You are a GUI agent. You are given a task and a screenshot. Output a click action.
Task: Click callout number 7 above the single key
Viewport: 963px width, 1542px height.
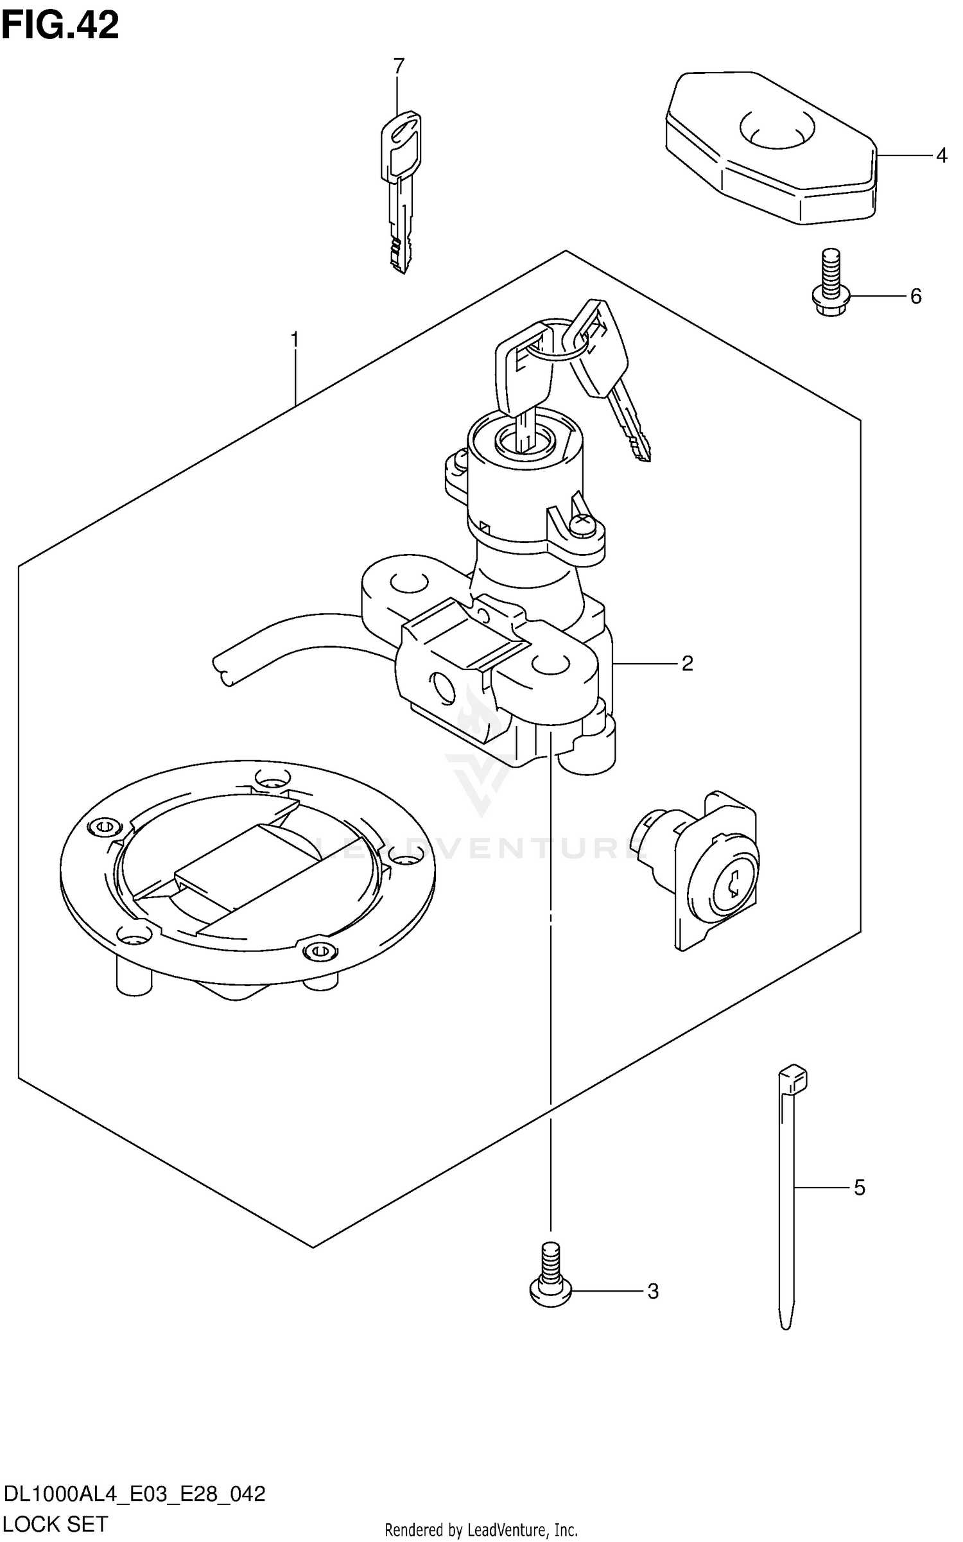click(399, 65)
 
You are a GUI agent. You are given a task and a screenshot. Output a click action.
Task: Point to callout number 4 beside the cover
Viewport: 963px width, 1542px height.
click(941, 155)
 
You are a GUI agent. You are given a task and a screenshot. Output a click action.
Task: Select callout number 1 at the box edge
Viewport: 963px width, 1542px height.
click(295, 339)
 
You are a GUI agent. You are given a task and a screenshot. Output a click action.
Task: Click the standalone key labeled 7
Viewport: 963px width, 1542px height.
click(401, 186)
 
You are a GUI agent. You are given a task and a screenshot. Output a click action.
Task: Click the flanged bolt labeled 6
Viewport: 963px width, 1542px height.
click(831, 286)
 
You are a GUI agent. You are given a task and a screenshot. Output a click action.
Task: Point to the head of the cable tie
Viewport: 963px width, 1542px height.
click(793, 1080)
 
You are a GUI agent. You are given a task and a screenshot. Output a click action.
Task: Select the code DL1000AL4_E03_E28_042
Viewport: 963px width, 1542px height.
click(134, 1493)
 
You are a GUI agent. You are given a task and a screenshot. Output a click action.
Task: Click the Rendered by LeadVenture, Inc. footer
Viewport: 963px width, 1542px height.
click(481, 1530)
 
